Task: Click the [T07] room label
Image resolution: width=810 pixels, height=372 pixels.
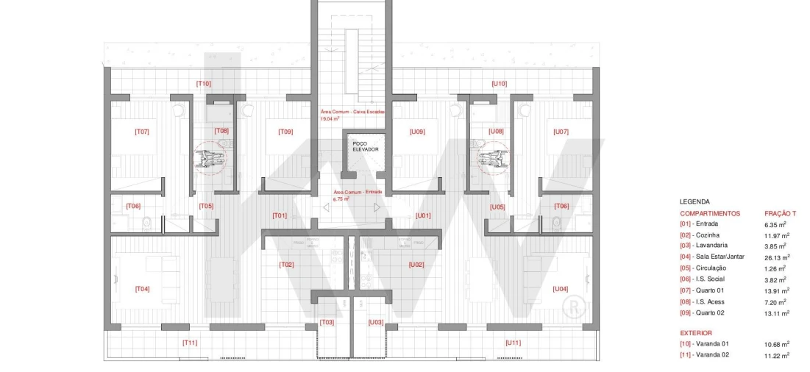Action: pyautogui.click(x=142, y=132)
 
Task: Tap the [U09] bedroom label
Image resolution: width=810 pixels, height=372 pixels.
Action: pyautogui.click(x=417, y=132)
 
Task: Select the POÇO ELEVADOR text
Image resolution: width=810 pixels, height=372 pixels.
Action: pyautogui.click(x=365, y=146)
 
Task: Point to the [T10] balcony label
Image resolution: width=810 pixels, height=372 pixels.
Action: pyautogui.click(x=204, y=84)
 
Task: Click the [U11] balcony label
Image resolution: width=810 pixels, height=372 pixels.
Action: pyautogui.click(x=513, y=343)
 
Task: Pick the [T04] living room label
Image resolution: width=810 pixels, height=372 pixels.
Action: pyautogui.click(x=142, y=289)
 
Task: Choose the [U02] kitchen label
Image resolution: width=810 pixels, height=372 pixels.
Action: pyautogui.click(x=416, y=264)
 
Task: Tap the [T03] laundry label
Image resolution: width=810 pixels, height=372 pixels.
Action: pyautogui.click(x=327, y=322)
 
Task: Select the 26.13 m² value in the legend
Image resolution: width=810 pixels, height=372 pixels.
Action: pyautogui.click(x=777, y=257)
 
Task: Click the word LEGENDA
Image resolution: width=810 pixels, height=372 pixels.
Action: pyautogui.click(x=694, y=201)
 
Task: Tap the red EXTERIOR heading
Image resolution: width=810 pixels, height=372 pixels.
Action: pyautogui.click(x=697, y=332)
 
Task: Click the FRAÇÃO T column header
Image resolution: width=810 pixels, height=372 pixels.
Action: pyautogui.click(x=781, y=213)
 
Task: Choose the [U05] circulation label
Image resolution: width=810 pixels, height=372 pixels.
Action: pyautogui.click(x=498, y=207)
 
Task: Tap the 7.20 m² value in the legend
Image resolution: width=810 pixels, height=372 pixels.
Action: pyautogui.click(x=775, y=301)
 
